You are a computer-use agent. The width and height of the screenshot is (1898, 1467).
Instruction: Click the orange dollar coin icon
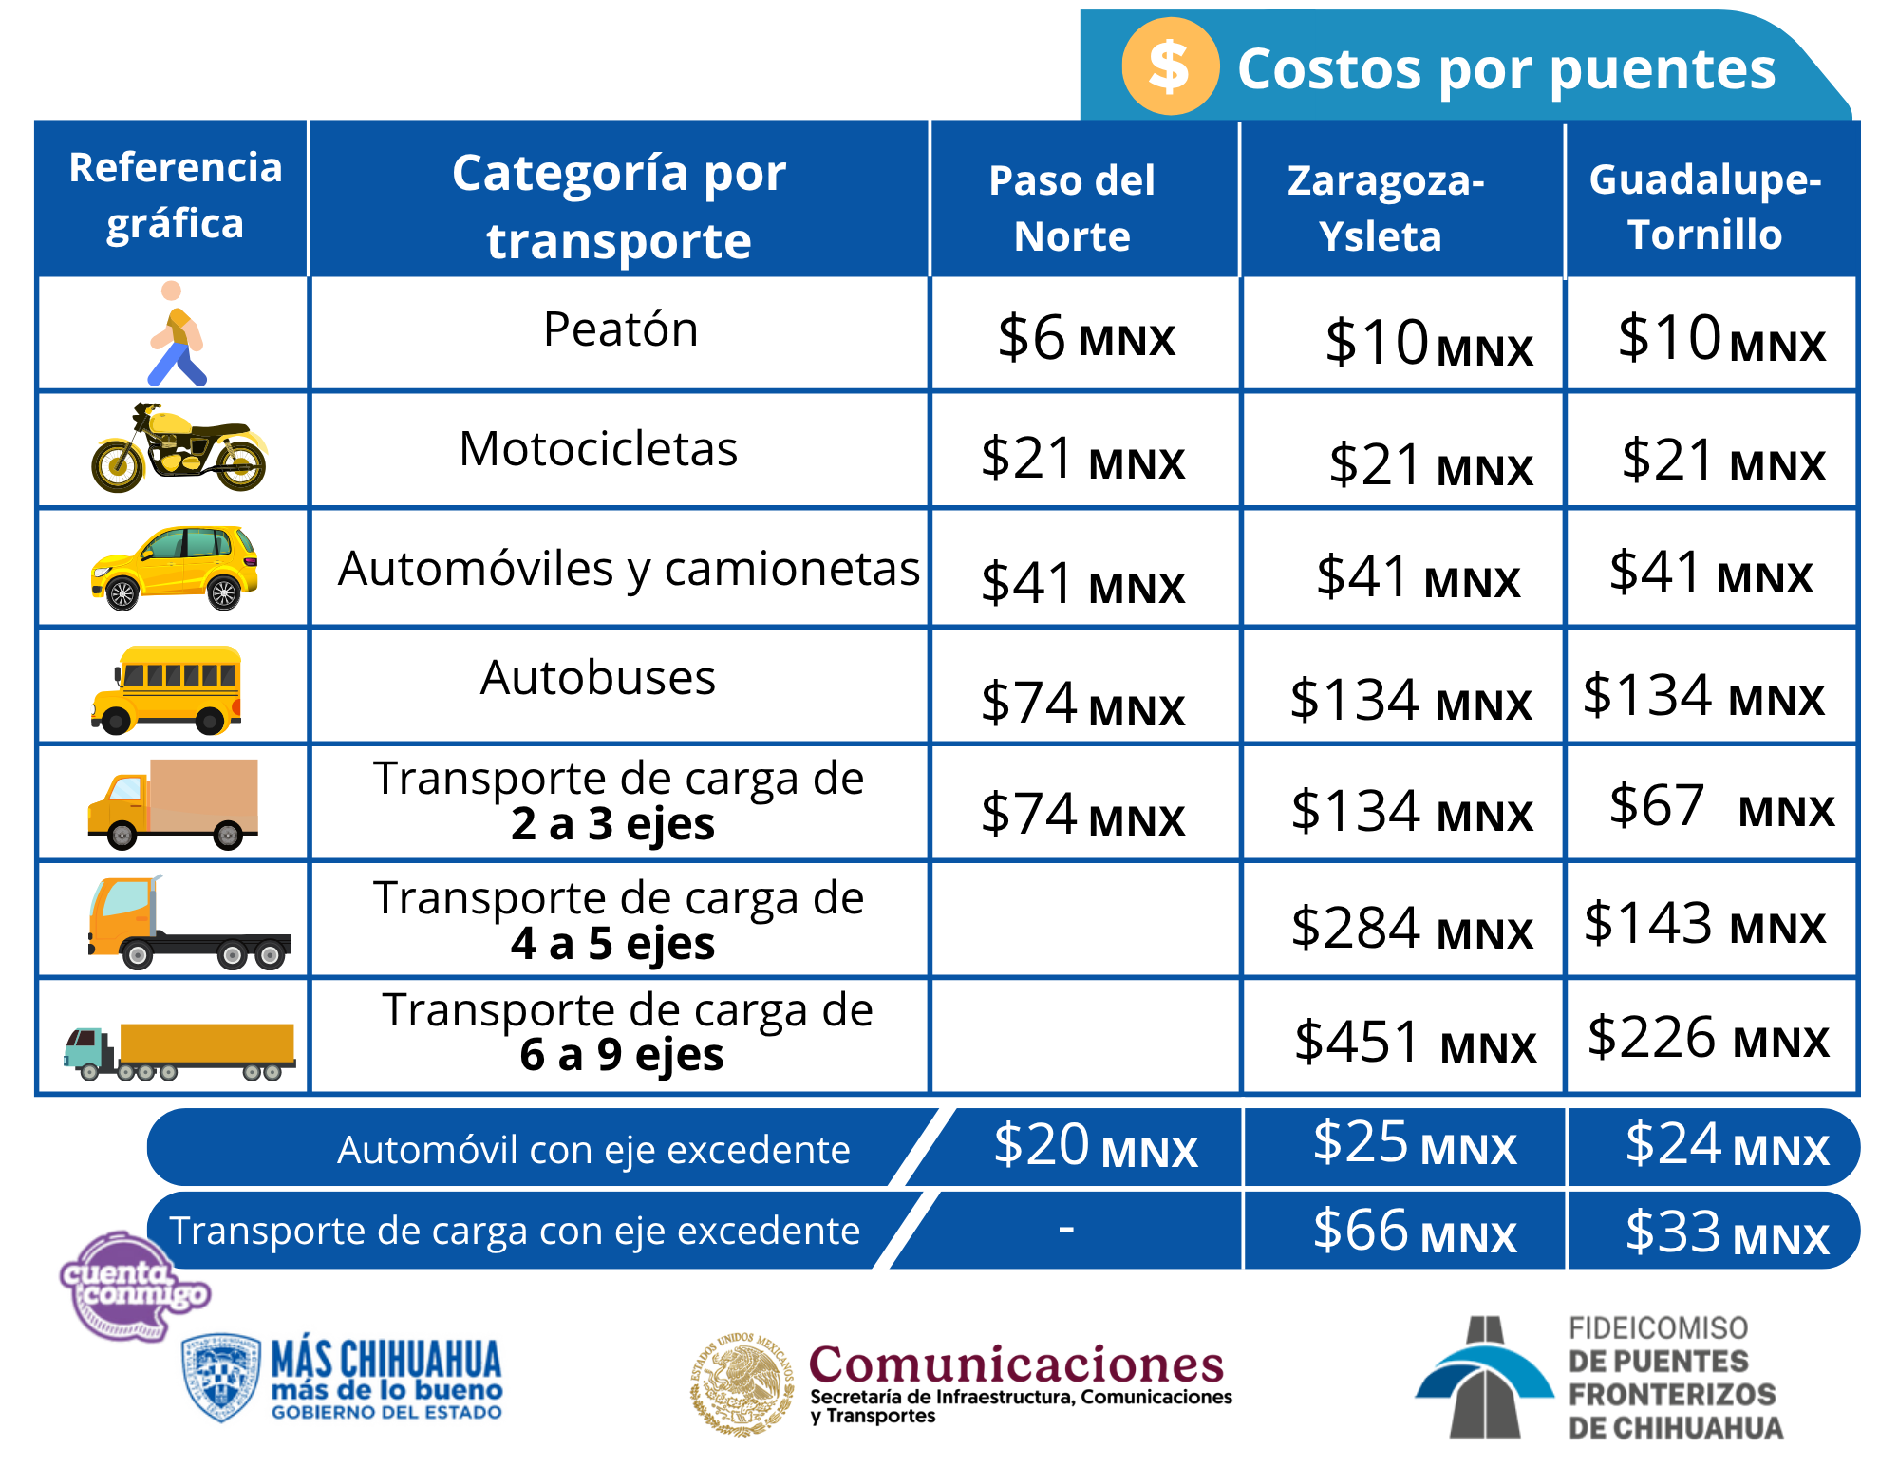(1170, 66)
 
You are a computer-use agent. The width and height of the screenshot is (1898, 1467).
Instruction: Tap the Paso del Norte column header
(1072, 208)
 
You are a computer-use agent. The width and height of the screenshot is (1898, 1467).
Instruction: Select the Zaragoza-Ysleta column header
(1384, 208)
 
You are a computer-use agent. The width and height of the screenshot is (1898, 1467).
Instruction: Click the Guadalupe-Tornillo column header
(1705, 207)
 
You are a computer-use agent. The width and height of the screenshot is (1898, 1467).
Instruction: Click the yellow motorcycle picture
(179, 447)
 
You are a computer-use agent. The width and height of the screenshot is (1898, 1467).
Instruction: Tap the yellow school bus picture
(168, 689)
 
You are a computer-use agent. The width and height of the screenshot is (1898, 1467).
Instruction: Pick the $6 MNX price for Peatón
(1085, 338)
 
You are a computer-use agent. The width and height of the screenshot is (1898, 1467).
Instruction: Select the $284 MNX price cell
(1411, 929)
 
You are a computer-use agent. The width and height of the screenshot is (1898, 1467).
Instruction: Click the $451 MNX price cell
(1415, 1042)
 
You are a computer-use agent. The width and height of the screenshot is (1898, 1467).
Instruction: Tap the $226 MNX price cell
(1707, 1038)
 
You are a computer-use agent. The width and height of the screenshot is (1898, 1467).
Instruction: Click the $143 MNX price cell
(1704, 924)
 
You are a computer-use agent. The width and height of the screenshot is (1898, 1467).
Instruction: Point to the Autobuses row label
(598, 678)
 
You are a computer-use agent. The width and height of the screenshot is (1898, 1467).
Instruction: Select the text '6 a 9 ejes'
(622, 1055)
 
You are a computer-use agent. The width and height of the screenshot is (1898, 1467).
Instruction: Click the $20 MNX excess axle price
(1095, 1146)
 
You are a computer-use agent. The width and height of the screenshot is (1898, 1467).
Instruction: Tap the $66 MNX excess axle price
(1414, 1232)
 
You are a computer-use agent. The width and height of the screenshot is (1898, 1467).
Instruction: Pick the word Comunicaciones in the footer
(1016, 1364)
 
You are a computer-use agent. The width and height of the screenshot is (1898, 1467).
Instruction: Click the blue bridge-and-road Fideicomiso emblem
(1484, 1377)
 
